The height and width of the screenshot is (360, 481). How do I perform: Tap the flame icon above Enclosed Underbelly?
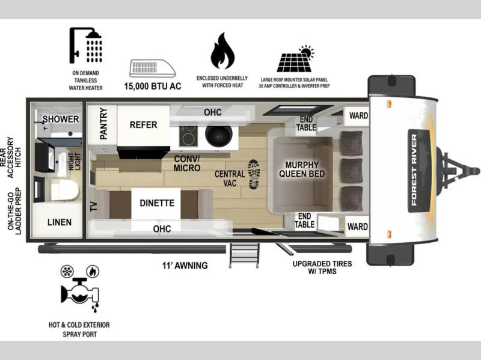pyautogui.click(x=222, y=51)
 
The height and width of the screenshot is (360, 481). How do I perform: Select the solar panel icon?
pyautogui.click(x=295, y=59)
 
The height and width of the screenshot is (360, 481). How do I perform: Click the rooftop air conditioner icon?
pyautogui.click(x=153, y=68)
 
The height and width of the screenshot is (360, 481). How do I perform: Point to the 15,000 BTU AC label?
pyautogui.click(x=153, y=86)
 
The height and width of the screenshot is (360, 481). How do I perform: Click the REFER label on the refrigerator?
pyautogui.click(x=143, y=125)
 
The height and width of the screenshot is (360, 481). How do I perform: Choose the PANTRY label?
pyautogui.click(x=103, y=124)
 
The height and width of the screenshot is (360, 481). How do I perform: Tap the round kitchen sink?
pyautogui.click(x=219, y=135)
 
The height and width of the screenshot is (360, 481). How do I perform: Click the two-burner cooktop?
pyautogui.click(x=188, y=136)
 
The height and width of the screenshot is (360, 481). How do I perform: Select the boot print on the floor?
pyautogui.click(x=254, y=174)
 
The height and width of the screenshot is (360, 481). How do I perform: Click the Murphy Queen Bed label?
pyautogui.click(x=302, y=169)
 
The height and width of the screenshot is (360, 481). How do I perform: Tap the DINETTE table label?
pyautogui.click(x=157, y=203)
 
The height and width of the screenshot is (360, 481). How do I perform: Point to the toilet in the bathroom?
pyautogui.click(x=64, y=190)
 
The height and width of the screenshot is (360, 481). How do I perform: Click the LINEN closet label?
pyautogui.click(x=60, y=222)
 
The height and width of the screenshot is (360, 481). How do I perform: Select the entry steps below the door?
pyautogui.click(x=244, y=255)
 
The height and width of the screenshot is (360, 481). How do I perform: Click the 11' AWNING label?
pyautogui.click(x=185, y=265)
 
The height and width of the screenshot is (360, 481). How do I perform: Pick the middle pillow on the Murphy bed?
pyautogui.click(x=352, y=171)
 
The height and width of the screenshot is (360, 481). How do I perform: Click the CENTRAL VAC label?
pyautogui.click(x=230, y=178)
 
